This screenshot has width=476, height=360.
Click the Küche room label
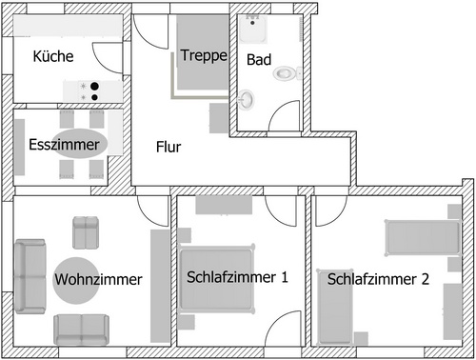pyautogui.click(x=53, y=57)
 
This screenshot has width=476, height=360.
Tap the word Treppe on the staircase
pyautogui.click(x=204, y=55)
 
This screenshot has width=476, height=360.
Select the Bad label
pyautogui.click(x=258, y=59)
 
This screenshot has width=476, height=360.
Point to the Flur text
pyautogui.click(x=169, y=148)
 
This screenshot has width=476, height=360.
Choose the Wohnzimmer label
pyautogui.click(x=98, y=280)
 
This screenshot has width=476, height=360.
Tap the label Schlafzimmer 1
pyautogui.click(x=237, y=278)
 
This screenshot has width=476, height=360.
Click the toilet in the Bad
pyautogui.click(x=285, y=72)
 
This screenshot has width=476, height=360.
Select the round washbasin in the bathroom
pyautogui.click(x=247, y=97)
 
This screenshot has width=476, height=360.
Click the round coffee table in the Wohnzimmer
pyautogui.click(x=76, y=279)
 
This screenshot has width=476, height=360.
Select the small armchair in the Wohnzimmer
pyautogui.click(x=87, y=231)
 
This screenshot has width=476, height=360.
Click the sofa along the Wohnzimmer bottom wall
pyautogui.click(x=83, y=329)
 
